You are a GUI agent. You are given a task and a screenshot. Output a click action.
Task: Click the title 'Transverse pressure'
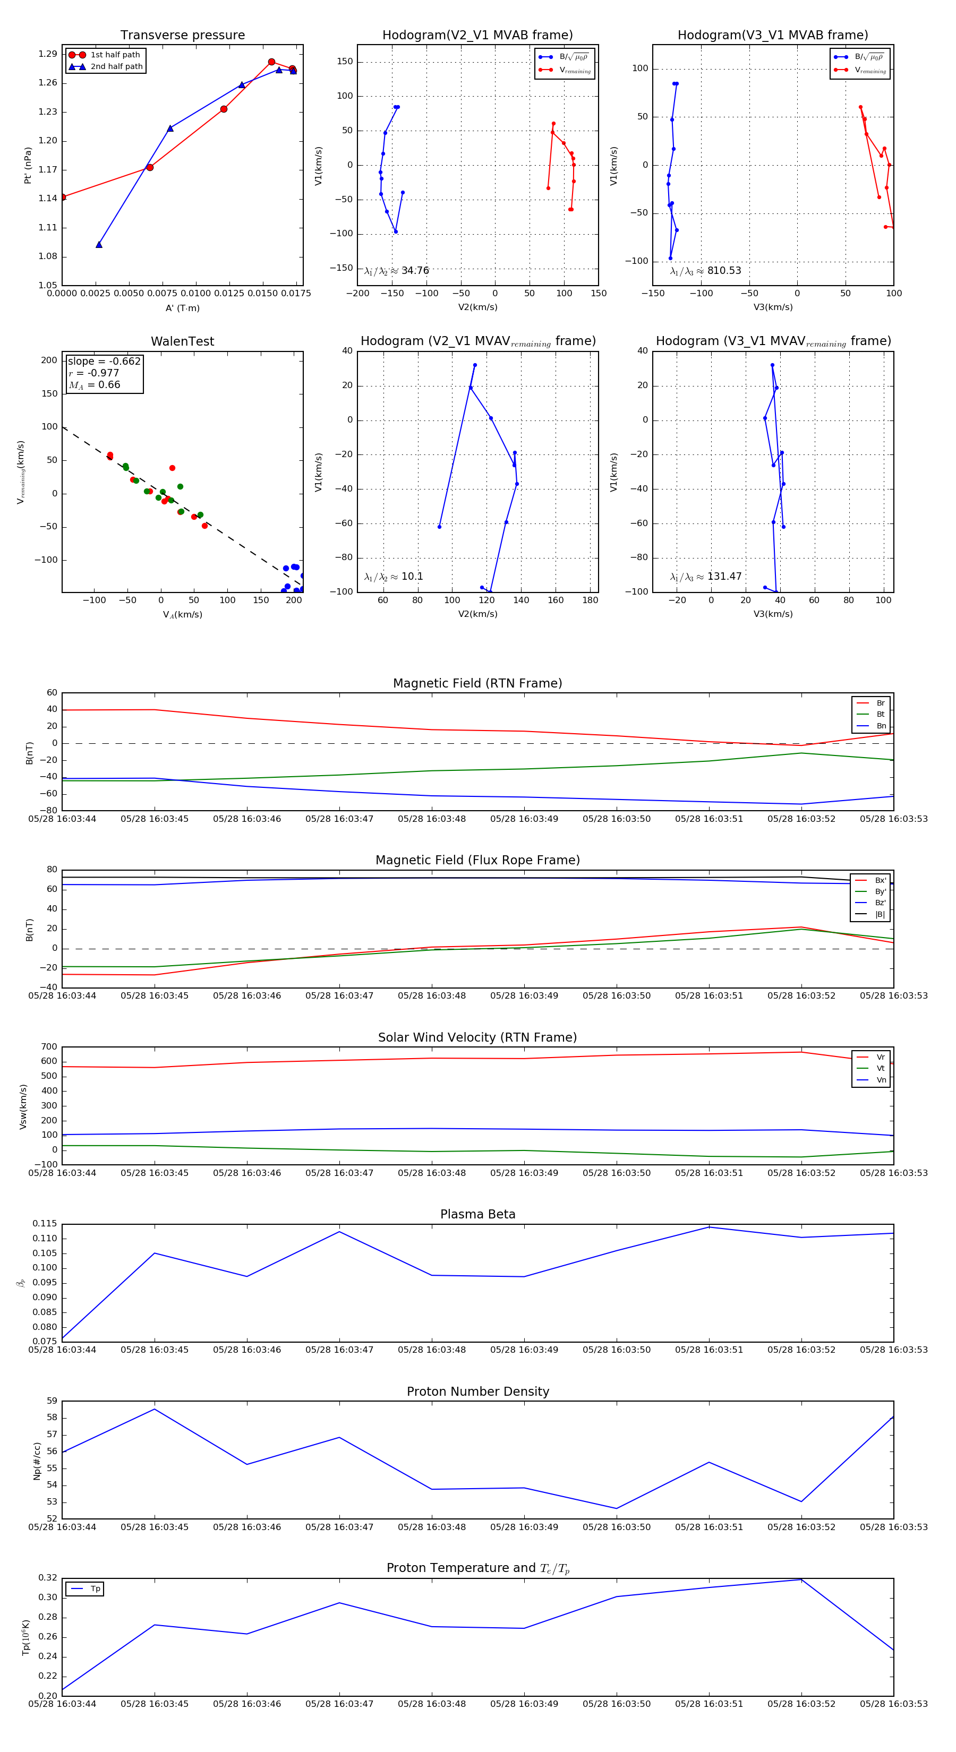tap(182, 36)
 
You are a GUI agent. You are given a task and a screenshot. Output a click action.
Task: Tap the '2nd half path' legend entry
tap(116, 67)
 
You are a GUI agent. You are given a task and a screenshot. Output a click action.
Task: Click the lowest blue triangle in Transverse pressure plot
tap(99, 245)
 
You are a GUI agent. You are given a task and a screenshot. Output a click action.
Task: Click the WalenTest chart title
tap(182, 341)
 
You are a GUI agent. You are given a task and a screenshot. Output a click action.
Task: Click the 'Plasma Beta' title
tap(477, 1215)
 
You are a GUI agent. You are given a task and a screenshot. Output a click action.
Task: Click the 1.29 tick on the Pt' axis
tap(48, 54)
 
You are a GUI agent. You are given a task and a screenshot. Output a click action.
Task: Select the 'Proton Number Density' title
tap(477, 1392)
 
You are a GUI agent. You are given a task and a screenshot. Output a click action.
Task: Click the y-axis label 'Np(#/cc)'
tap(37, 1461)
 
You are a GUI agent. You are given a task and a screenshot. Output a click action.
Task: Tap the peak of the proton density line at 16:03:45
tap(155, 1409)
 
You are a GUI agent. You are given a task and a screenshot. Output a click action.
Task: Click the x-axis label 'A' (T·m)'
tap(182, 308)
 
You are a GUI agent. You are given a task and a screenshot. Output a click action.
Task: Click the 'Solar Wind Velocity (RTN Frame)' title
tap(477, 1038)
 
